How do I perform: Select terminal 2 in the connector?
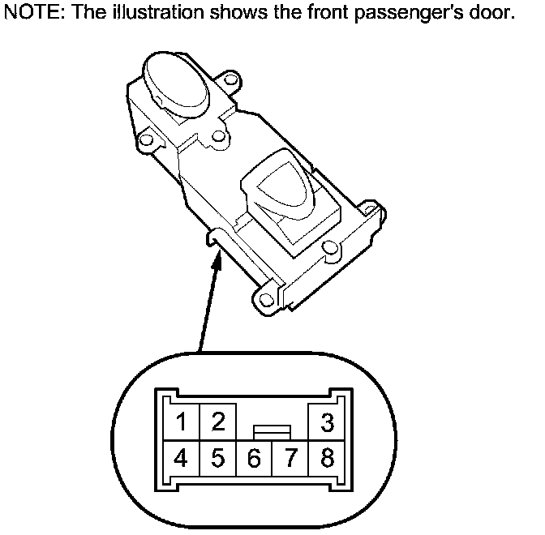tap(217, 422)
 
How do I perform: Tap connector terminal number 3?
tap(328, 422)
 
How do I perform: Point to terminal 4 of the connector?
tap(182, 459)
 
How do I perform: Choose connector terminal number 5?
tap(217, 459)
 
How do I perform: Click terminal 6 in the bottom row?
tap(254, 460)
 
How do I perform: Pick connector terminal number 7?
tap(290, 460)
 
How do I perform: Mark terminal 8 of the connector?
tap(328, 459)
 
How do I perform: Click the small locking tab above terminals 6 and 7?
tap(272, 430)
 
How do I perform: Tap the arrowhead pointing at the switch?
tap(217, 258)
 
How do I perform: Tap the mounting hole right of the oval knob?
tap(231, 82)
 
